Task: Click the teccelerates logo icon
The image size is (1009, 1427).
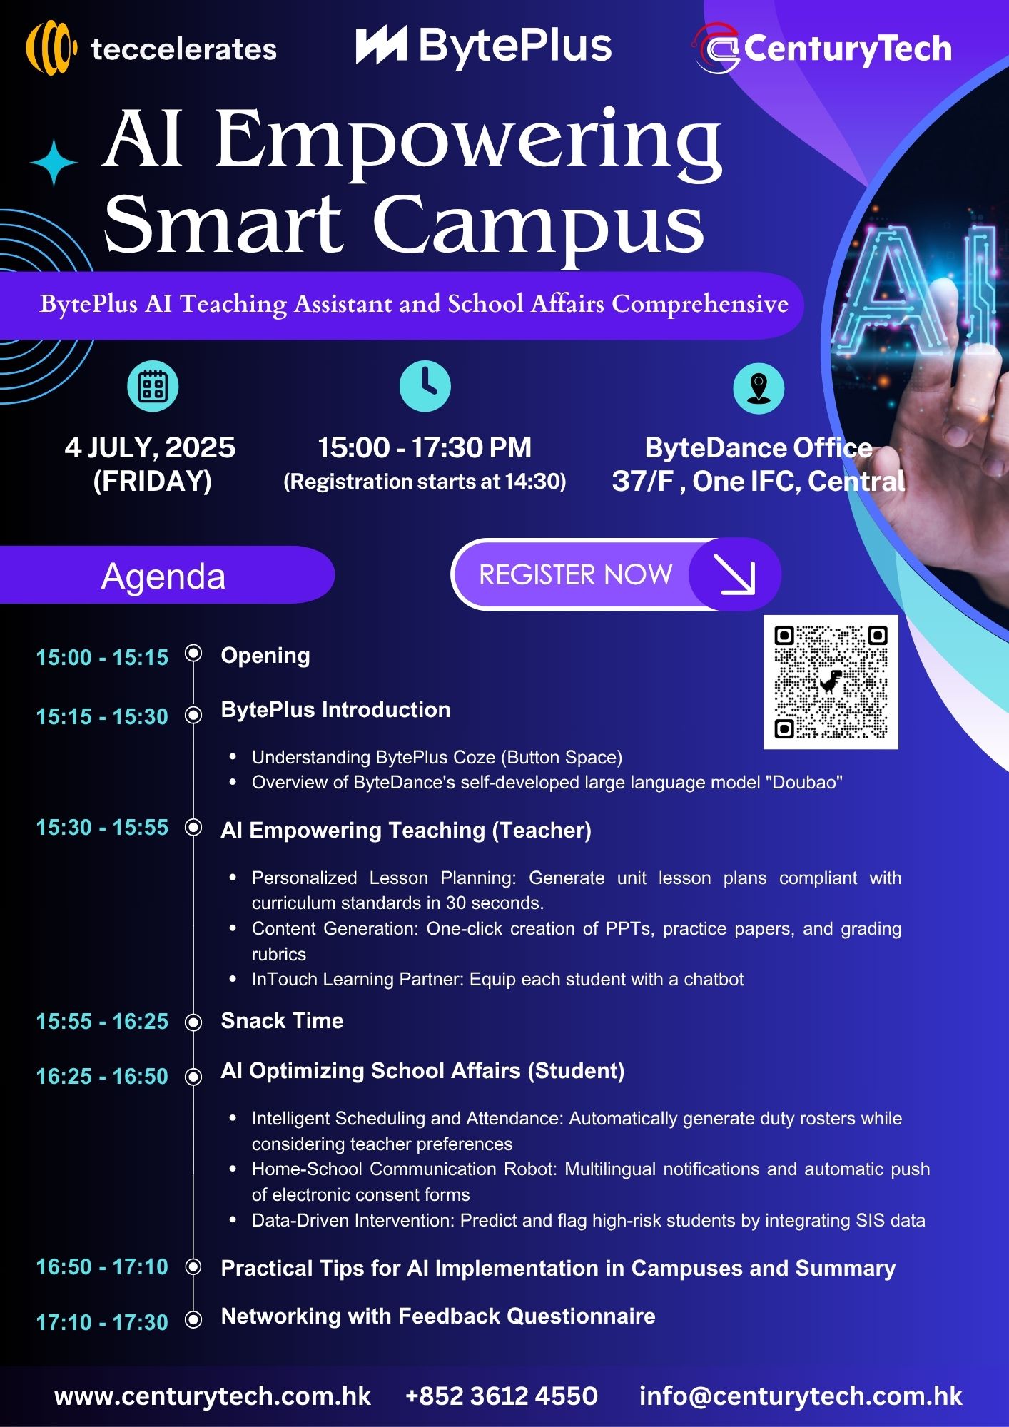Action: [51, 48]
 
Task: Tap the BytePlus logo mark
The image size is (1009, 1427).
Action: [381, 45]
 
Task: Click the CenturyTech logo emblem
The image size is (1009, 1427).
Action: [717, 48]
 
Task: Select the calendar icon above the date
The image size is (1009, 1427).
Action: [153, 386]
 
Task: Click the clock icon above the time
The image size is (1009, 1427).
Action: [425, 386]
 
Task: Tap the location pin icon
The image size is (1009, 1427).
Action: [759, 388]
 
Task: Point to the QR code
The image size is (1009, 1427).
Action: [831, 682]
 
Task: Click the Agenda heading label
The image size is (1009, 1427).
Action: [163, 576]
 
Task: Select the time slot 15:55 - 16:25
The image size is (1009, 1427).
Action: [102, 1021]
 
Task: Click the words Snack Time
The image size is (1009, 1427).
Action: [282, 1020]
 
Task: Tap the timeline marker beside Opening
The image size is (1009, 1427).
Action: [193, 653]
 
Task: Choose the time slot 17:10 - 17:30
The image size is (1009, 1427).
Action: [102, 1322]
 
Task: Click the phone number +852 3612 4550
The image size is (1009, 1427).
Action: [502, 1396]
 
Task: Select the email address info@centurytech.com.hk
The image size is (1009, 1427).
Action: [801, 1396]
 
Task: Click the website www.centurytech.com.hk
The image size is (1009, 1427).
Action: [213, 1396]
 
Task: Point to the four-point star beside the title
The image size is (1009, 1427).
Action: [54, 163]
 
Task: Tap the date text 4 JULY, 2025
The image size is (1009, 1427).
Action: [150, 447]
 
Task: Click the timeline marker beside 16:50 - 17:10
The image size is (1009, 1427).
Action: [193, 1266]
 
